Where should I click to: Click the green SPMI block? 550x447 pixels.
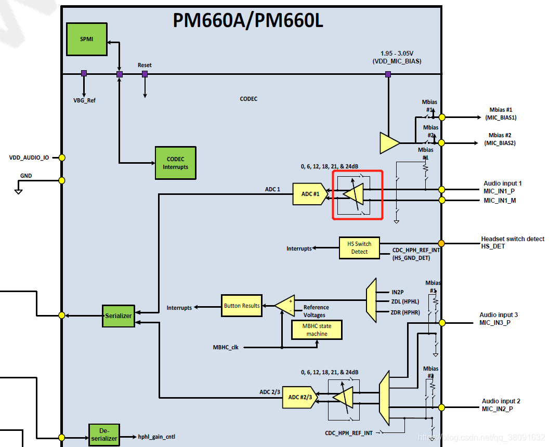pyautogui.click(x=86, y=40)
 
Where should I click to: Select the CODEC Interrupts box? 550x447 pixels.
pyautogui.click(x=175, y=163)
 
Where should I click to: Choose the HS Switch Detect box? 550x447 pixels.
pyautogui.click(x=359, y=248)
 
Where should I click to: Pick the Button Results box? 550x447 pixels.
pyautogui.click(x=242, y=306)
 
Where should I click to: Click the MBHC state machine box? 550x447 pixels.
pyautogui.click(x=317, y=330)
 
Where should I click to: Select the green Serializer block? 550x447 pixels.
pyautogui.click(x=118, y=315)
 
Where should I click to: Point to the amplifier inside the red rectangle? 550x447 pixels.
pyautogui.click(x=355, y=194)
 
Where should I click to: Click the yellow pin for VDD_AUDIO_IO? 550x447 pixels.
pyautogui.click(x=62, y=157)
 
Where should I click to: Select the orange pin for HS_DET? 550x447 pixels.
pyautogui.click(x=441, y=243)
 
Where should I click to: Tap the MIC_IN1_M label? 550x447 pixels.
pyautogui.click(x=499, y=201)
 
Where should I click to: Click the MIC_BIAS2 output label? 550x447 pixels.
pyautogui.click(x=500, y=143)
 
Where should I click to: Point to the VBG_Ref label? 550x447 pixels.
pyautogui.click(x=84, y=100)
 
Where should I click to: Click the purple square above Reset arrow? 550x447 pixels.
pyautogui.click(x=145, y=74)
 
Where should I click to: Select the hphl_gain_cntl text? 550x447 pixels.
pyautogui.click(x=156, y=437)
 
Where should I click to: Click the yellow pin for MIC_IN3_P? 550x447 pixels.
pyautogui.click(x=442, y=323)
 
